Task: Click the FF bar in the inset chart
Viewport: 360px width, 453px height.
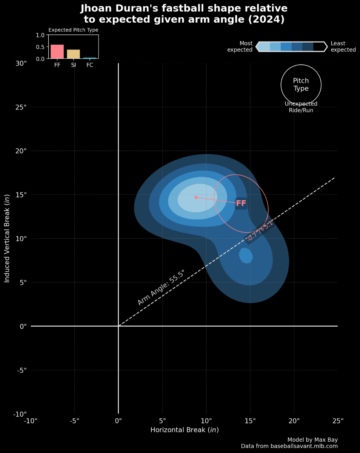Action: pos(57,52)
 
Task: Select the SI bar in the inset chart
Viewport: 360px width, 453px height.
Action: pos(73,54)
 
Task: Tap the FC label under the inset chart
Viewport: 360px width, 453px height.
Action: pos(89,65)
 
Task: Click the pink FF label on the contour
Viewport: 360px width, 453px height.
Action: pos(241,203)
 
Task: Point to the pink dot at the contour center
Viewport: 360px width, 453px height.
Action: pos(196,197)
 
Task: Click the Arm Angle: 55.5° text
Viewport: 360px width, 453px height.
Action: pos(161,288)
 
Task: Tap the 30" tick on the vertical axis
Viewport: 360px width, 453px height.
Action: pos(20,63)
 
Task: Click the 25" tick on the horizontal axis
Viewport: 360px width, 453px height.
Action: pos(338,421)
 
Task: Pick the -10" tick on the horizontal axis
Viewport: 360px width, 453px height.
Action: pos(31,421)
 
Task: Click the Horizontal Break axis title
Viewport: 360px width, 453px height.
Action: pos(185,430)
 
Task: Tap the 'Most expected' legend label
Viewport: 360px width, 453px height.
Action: pos(240,46)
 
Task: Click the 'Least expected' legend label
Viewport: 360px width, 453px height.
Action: pos(343,46)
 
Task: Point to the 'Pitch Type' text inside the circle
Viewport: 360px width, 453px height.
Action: pos(301,85)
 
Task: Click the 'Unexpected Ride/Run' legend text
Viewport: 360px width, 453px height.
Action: pos(301,107)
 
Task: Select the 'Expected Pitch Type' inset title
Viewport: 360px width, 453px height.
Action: pos(73,30)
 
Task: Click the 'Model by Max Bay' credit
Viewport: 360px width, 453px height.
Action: pos(312,440)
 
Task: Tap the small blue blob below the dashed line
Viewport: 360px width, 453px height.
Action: pos(246,256)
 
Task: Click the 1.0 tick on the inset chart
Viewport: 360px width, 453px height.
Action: pos(40,35)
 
